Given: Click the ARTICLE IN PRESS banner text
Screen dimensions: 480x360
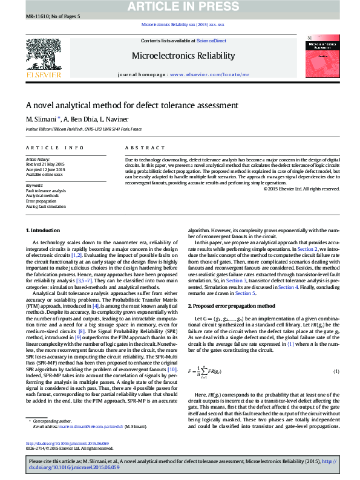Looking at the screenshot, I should (180, 7).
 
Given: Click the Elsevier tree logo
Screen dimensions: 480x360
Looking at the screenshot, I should (43, 55).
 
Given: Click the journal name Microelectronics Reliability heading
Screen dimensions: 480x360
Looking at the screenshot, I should (183, 56).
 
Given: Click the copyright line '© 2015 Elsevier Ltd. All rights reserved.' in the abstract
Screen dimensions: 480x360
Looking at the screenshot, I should (301, 189).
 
